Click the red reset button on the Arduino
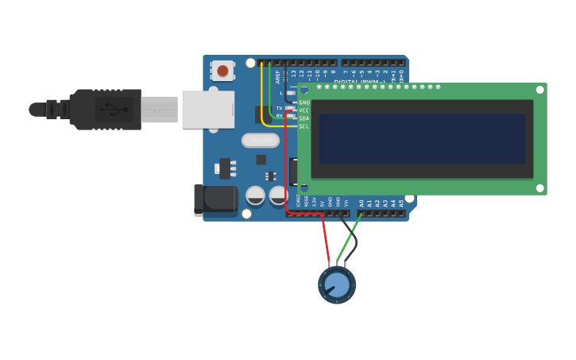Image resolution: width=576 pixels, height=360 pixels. point(222,72)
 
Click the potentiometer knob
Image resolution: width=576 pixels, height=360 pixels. point(337,285)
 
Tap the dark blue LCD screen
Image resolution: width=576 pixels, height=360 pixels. point(422,138)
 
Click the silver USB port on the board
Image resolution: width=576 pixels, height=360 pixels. point(208,109)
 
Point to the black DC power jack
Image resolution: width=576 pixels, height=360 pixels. point(215,199)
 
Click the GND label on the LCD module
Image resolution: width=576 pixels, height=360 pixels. point(304,103)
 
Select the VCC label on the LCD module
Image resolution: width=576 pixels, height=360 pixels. point(304,110)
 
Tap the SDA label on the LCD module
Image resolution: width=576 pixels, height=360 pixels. point(304,118)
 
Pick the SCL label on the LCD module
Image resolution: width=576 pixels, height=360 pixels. point(304,126)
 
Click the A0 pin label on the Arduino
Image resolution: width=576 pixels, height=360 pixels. point(361,203)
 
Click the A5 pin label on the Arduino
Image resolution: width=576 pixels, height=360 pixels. point(401,203)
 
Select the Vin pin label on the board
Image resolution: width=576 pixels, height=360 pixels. point(346,203)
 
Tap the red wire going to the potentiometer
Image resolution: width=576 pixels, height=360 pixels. point(326,238)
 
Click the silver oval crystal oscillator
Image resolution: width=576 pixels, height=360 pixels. point(261,141)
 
